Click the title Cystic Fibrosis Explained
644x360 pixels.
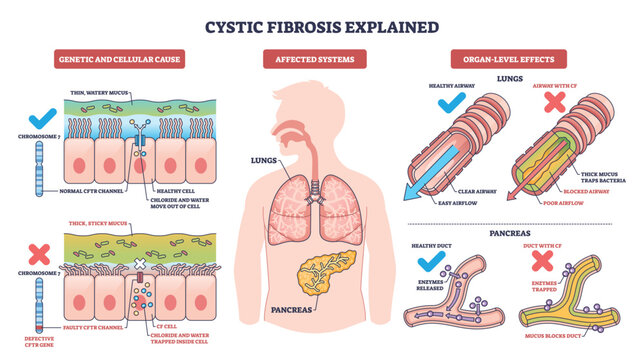(x=321, y=25)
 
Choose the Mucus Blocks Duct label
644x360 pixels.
(x=556, y=335)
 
